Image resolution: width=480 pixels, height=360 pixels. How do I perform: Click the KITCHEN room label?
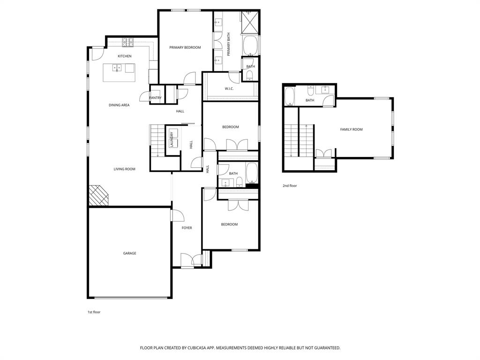pyautogui.click(x=124, y=56)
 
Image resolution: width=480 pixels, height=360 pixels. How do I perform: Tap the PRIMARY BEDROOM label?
pyautogui.click(x=185, y=47)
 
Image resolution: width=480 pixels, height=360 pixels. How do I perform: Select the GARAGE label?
pyautogui.click(x=130, y=253)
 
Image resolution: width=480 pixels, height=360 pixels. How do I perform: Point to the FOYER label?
pyautogui.click(x=187, y=228)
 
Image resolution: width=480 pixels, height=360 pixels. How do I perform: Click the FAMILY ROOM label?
pyautogui.click(x=351, y=129)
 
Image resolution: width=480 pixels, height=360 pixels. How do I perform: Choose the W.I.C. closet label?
pyautogui.click(x=229, y=89)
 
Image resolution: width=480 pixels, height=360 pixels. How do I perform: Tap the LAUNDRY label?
pyautogui.click(x=172, y=139)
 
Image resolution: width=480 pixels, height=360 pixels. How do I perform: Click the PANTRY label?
pyautogui.click(x=156, y=98)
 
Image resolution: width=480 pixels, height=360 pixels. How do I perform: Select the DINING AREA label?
pyautogui.click(x=119, y=105)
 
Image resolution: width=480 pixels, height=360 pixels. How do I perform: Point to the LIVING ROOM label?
pyautogui.click(x=125, y=169)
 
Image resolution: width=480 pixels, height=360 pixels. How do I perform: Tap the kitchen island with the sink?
pyautogui.click(x=119, y=73)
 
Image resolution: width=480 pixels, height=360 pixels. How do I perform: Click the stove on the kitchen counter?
pyautogui.click(x=128, y=43)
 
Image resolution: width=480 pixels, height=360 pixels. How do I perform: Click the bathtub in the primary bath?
pyautogui.click(x=250, y=46)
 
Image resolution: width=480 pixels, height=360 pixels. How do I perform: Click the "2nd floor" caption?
pyautogui.click(x=290, y=186)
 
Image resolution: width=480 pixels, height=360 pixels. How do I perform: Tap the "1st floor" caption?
pyautogui.click(x=94, y=312)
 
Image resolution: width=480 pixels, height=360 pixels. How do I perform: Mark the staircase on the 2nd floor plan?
pyautogui.click(x=292, y=140)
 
